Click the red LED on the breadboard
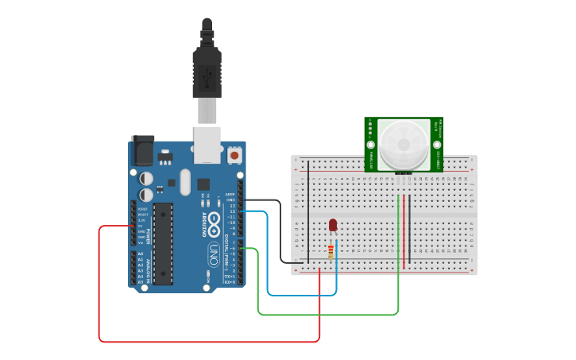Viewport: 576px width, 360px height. pos(333,226)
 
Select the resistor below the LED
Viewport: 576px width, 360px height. pos(331,251)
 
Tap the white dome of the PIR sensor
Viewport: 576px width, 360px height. pos(404,144)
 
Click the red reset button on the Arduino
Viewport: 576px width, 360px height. pos(235,154)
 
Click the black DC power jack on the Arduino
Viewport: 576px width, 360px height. pos(142,150)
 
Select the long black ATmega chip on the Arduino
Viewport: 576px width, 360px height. pos(163,243)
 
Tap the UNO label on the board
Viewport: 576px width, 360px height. pos(214,254)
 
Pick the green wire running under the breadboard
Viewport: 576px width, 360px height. pos(326,315)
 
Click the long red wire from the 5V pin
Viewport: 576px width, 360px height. pos(207,342)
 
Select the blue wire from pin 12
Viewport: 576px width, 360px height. pos(302,295)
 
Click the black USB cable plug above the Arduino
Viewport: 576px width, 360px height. pos(207,72)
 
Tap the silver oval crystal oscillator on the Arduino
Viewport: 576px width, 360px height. pos(185,181)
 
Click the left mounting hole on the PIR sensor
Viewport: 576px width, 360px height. pos(370,145)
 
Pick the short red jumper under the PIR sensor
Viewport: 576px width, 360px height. pos(404,230)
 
